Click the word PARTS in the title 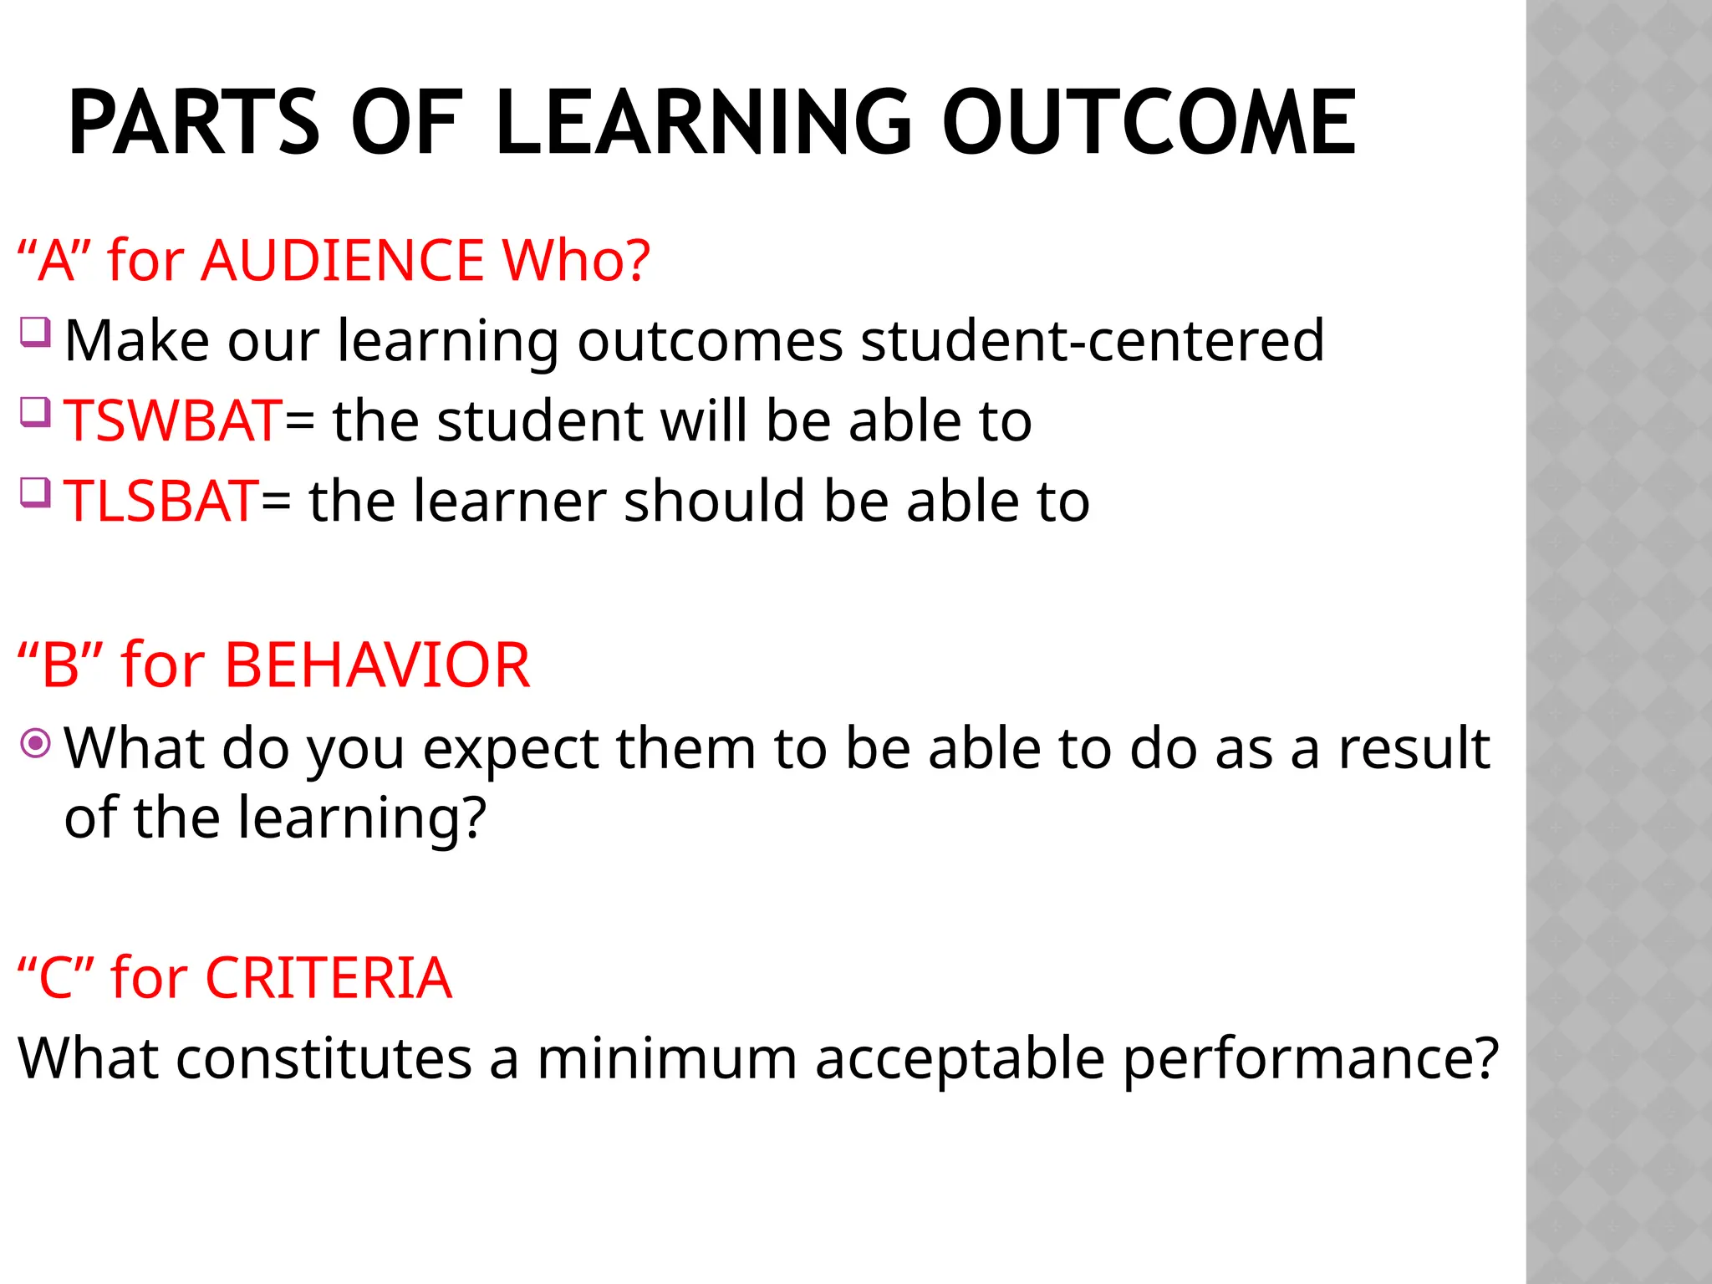pyautogui.click(x=193, y=124)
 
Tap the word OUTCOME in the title pyautogui.click(x=1149, y=124)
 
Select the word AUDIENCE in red pyautogui.click(x=343, y=260)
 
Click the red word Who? pyautogui.click(x=576, y=260)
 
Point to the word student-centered pyautogui.click(x=1093, y=340)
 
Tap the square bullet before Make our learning pyautogui.click(x=36, y=332)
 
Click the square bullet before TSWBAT pyautogui.click(x=36, y=412)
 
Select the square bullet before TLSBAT pyautogui.click(x=36, y=492)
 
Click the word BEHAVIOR pyautogui.click(x=377, y=665)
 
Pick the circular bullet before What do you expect pyautogui.click(x=36, y=742)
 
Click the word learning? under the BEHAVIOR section pyautogui.click(x=362, y=818)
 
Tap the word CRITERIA pyautogui.click(x=329, y=977)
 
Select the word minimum pyautogui.click(x=667, y=1058)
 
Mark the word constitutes pyautogui.click(x=324, y=1058)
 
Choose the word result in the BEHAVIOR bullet pyautogui.click(x=1414, y=748)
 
